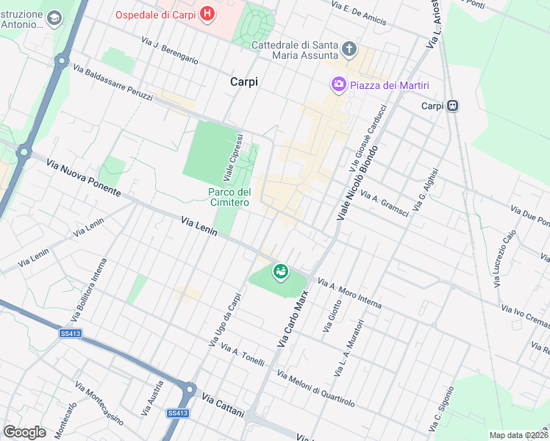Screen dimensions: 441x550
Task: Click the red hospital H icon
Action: point(208,13)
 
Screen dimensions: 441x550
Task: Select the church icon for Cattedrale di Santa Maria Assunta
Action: point(349,51)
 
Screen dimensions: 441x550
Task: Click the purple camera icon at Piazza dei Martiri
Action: point(338,85)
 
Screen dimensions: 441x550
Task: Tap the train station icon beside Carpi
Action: point(454,106)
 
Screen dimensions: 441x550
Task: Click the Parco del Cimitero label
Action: point(229,197)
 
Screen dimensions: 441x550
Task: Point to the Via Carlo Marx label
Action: point(292,318)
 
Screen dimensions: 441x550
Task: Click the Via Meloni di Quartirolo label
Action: point(315,388)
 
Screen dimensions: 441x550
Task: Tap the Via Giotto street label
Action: point(332,315)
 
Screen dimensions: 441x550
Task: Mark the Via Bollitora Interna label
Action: point(84,291)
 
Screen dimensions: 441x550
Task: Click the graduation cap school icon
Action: point(54,16)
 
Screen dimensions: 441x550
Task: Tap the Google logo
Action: point(24,431)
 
